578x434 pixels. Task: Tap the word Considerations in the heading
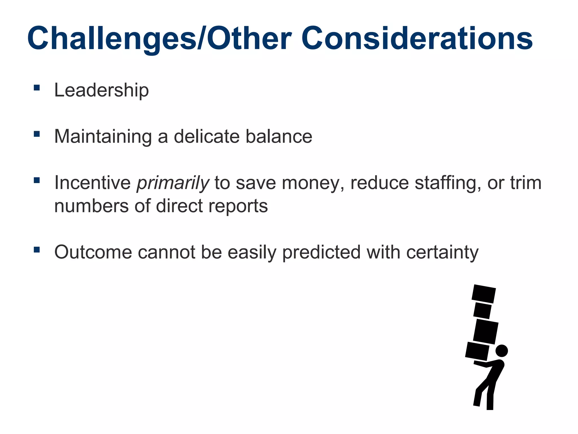[x=417, y=39]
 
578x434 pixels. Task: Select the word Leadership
[x=101, y=90]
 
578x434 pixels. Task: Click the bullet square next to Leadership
[x=37, y=88]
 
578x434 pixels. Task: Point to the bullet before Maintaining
[x=37, y=134]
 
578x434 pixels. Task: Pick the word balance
[x=279, y=136]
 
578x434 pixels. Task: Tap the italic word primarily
[x=173, y=183]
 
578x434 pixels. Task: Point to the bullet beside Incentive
[x=37, y=180]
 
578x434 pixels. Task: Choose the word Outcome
[x=93, y=252]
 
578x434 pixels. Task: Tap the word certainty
[x=442, y=252]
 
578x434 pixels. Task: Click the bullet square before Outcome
[x=37, y=250]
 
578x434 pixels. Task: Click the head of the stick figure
[x=502, y=351]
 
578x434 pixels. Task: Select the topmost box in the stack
[x=483, y=294]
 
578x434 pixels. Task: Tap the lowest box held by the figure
[x=477, y=351]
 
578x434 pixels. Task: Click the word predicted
[x=321, y=252]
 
